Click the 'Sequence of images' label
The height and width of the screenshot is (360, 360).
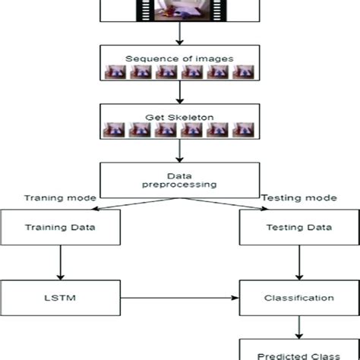pyautogui.click(x=179, y=58)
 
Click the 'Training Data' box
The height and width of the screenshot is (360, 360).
pyautogui.click(x=60, y=226)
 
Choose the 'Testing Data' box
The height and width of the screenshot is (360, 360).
pyautogui.click(x=298, y=226)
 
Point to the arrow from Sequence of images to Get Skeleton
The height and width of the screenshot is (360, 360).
pyautogui.click(x=179, y=92)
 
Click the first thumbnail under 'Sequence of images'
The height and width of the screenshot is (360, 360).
pyautogui.click(x=114, y=72)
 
